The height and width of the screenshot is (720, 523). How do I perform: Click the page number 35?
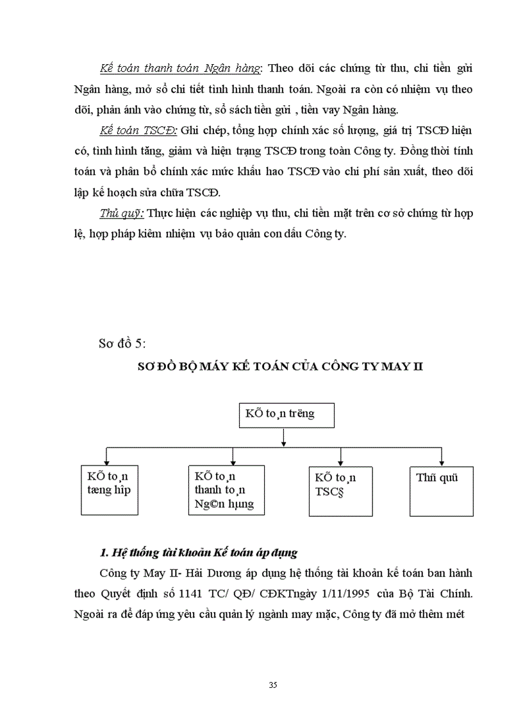pos(273,685)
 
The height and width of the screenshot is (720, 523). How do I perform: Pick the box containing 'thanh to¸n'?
pos(227,490)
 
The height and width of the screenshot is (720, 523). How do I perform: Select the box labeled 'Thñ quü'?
pos(441,490)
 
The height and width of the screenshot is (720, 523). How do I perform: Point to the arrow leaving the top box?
pos(283,437)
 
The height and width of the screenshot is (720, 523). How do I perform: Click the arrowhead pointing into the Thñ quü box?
pos(442,461)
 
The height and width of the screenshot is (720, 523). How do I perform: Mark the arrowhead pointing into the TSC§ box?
pos(340,461)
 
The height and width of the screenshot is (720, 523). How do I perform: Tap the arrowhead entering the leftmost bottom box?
pos(107,461)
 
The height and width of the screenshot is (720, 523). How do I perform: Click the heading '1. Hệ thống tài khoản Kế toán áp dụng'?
pos(199,552)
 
